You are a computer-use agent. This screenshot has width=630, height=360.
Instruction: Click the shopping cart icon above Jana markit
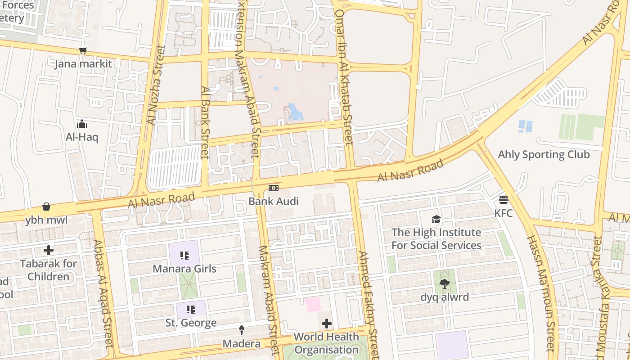(x=82, y=51)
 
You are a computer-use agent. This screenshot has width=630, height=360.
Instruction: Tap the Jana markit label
(x=83, y=64)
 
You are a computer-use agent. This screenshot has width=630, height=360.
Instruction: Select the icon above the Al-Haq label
(x=82, y=124)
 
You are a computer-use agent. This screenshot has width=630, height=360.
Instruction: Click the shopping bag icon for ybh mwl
(x=46, y=207)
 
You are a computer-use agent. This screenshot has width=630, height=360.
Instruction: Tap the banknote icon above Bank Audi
(x=274, y=188)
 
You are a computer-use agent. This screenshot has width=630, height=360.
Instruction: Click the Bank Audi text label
(x=274, y=201)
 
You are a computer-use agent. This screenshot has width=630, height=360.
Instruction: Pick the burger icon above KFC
(x=503, y=199)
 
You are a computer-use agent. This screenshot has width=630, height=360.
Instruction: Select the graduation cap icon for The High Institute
(x=436, y=219)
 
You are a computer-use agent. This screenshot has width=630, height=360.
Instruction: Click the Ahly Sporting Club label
(x=544, y=155)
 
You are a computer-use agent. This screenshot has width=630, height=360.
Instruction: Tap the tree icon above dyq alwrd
(x=444, y=284)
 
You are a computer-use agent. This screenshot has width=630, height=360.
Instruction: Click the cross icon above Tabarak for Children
(x=49, y=250)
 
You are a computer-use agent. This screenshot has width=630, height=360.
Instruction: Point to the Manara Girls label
(x=184, y=269)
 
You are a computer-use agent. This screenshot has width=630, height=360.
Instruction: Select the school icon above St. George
(x=191, y=310)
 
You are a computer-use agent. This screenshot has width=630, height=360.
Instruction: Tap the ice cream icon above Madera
(x=242, y=330)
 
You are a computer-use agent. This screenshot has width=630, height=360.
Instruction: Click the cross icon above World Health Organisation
(x=327, y=324)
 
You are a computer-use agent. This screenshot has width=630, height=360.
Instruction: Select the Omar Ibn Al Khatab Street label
(x=344, y=76)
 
